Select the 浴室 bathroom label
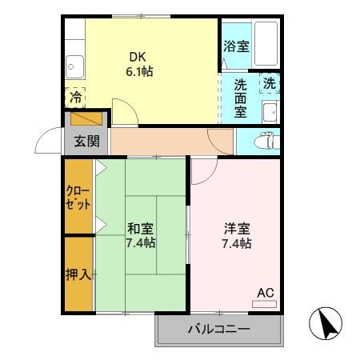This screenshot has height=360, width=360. [x=236, y=46]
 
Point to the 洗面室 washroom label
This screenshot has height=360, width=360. [x=240, y=97]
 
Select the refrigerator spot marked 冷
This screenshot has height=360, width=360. [x=74, y=98]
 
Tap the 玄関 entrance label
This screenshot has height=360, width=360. [x=86, y=142]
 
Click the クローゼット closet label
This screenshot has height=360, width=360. [x=78, y=198]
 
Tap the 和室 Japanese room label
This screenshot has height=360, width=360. [x=141, y=226]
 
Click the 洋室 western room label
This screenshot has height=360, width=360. [x=237, y=227]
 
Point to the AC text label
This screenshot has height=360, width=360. [x=265, y=293]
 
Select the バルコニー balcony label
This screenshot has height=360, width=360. [x=218, y=329]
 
